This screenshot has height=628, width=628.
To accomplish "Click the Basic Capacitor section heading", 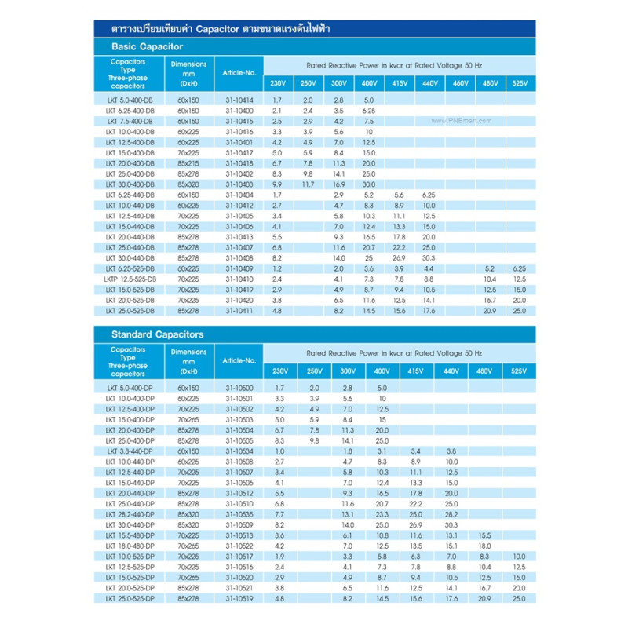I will (x=147, y=46).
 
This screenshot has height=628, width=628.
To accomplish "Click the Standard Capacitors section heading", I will (x=158, y=334).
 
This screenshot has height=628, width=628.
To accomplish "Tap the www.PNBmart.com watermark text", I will (x=461, y=121).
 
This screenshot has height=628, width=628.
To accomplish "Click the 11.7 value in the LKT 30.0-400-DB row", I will (x=308, y=184).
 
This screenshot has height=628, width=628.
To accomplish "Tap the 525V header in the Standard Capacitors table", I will (x=519, y=370).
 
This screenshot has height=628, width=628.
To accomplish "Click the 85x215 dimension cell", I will (x=188, y=163).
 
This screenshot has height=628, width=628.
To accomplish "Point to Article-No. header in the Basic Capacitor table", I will (x=239, y=73).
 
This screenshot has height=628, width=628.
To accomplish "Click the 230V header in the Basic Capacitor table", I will (x=279, y=83).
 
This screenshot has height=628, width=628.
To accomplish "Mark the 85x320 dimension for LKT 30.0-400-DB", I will (x=188, y=184).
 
